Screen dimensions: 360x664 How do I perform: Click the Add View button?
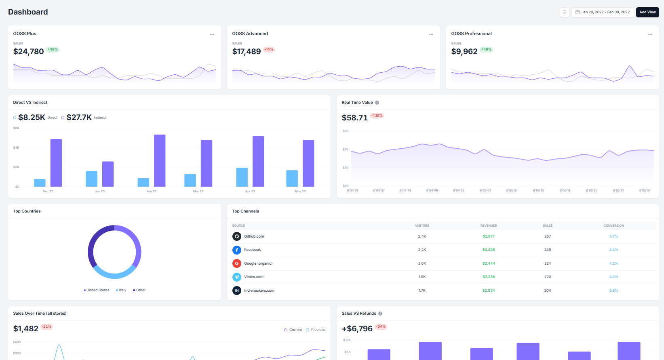tap(647, 12)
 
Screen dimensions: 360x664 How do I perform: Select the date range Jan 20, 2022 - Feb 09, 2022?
tap(603, 12)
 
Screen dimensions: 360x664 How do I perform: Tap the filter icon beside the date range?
tap(565, 12)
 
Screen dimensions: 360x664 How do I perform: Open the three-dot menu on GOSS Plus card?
tap(212, 34)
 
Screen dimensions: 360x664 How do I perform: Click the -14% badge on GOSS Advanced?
tap(269, 50)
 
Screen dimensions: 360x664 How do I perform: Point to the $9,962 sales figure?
tap(464, 52)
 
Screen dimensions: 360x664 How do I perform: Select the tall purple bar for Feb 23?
tap(160, 160)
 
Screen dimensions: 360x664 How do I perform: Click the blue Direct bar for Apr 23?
tap(242, 177)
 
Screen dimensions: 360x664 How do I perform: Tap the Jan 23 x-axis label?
tap(100, 191)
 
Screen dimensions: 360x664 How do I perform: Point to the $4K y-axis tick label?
tap(16, 147)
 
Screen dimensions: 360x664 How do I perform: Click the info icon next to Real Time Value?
tap(377, 103)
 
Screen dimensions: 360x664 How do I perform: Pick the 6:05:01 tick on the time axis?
tap(485, 190)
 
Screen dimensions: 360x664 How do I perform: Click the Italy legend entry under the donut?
tap(121, 290)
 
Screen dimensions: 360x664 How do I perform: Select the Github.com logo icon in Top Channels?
tap(237, 236)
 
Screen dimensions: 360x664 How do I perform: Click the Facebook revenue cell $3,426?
tap(488, 250)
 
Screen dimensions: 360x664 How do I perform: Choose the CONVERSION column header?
tap(613, 225)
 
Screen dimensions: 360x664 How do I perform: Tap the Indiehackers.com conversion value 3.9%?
tap(613, 291)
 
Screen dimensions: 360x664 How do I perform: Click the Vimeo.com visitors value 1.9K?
tap(422, 277)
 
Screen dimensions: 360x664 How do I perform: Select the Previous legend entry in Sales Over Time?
tap(316, 330)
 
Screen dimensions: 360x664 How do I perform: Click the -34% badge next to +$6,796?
tap(381, 327)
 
